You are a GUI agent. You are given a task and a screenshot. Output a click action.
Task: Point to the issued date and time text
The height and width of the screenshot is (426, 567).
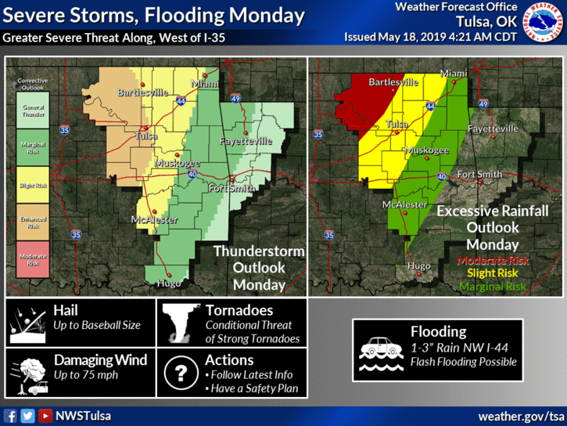click(x=430, y=37)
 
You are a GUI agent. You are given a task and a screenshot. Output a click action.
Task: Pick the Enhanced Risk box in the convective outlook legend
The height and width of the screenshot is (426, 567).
click(x=32, y=225)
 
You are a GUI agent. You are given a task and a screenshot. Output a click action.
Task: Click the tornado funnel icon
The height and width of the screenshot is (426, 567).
click(x=180, y=324)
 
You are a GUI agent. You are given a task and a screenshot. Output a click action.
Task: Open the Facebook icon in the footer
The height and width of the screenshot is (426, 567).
click(x=11, y=416)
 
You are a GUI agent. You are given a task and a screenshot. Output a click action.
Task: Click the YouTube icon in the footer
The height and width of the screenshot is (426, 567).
click(x=45, y=416)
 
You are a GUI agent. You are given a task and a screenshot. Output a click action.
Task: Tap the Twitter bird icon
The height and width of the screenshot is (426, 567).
click(x=28, y=416)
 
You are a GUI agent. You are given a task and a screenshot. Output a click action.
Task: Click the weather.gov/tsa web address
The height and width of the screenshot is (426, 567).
click(x=521, y=415)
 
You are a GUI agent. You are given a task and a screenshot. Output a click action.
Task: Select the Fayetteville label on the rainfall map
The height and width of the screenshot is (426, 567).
click(x=493, y=128)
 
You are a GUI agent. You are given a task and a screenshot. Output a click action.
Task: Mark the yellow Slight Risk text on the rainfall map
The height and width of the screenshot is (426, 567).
click(x=493, y=273)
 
